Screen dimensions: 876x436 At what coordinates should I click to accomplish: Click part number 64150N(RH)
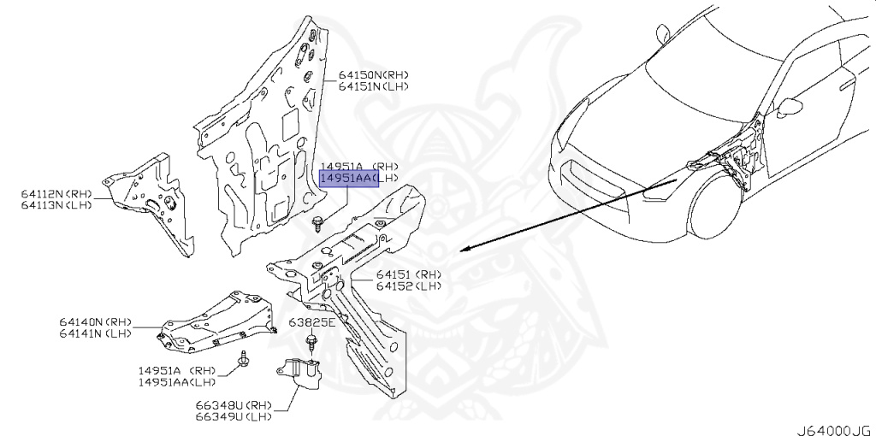coord(373,75)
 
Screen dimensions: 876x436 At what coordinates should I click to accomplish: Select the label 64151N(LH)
coord(373,86)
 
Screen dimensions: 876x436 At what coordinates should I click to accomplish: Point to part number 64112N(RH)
coord(56,194)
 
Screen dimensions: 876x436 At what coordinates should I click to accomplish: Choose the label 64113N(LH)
coord(56,205)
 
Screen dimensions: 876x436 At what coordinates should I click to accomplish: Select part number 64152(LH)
coord(408,286)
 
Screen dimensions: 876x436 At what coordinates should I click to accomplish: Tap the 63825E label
coord(312,322)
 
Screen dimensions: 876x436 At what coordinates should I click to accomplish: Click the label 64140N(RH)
coord(96,322)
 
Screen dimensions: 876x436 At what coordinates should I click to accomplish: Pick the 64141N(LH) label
coord(96,333)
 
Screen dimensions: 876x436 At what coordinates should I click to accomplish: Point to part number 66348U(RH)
coord(234,404)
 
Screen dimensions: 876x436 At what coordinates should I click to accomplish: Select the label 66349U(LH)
coord(234,416)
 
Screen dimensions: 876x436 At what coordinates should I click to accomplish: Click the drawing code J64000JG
coord(835,430)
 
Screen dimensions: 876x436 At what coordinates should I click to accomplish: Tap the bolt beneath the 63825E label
coord(311,342)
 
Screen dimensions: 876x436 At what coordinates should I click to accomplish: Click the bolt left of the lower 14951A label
coord(244,359)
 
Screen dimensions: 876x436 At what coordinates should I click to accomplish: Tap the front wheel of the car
coord(713,207)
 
